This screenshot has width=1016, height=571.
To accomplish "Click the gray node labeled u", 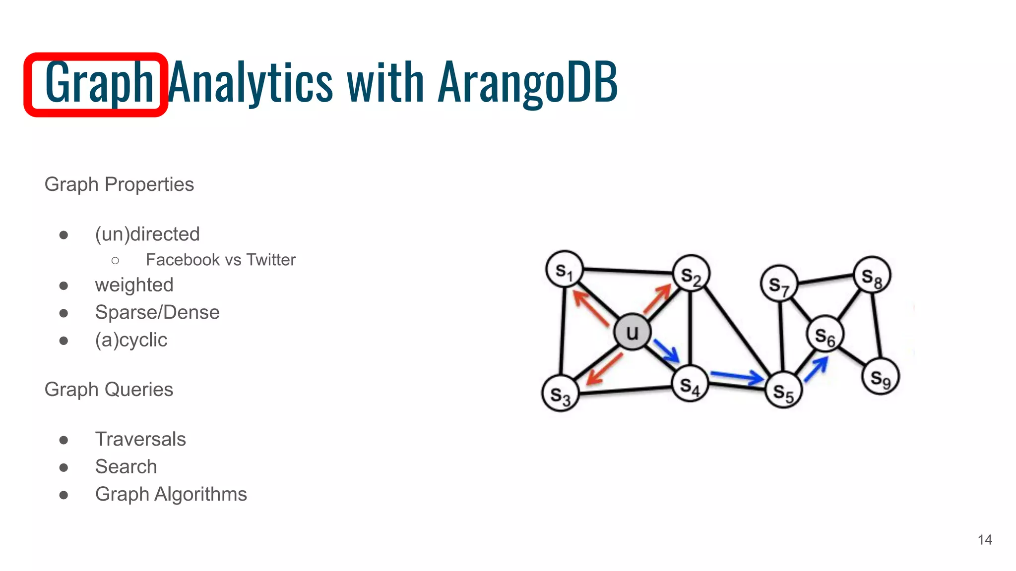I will (x=632, y=332).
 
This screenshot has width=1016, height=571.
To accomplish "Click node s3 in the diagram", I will (x=560, y=394).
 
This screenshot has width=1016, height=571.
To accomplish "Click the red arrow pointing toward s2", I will (x=657, y=299).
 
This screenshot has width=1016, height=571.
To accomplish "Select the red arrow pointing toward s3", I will (x=604, y=369).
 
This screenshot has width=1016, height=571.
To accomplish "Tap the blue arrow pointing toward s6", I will (x=816, y=369).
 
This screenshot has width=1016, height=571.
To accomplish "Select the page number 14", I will (x=985, y=540).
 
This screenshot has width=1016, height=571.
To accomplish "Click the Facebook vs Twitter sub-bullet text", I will (x=220, y=260).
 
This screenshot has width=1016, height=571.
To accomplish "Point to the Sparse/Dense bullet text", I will (x=157, y=312).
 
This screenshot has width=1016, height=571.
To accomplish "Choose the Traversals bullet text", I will (x=140, y=439).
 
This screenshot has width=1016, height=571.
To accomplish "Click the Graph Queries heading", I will (x=109, y=390).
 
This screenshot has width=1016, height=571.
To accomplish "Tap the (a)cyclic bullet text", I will (x=131, y=340).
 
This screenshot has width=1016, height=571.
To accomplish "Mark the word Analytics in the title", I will (x=251, y=82).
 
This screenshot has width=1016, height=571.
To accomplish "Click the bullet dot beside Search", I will (x=63, y=467).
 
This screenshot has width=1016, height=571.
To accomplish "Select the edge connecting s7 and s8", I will (x=826, y=279).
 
